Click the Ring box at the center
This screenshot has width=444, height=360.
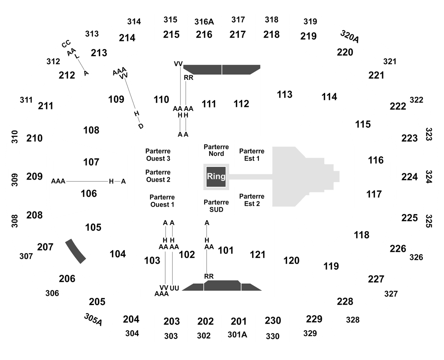coord(216,177)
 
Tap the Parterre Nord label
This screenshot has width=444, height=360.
coord(217,150)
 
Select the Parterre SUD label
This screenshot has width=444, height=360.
coord(217,206)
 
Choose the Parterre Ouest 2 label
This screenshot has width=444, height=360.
coord(158,176)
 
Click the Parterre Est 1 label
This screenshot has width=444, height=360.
coord(252,155)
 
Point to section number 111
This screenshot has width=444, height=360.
coord(209,104)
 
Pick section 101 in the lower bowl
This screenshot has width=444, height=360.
coord(226,250)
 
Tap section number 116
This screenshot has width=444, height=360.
coord(376,160)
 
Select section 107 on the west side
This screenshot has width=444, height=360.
coord(91,162)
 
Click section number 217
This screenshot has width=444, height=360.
coord(238,34)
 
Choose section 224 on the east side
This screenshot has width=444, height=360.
coord(409,177)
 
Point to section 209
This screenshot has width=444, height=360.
coord(35,176)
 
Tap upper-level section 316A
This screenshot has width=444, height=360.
coord(204,22)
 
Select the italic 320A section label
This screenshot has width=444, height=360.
coord(350,36)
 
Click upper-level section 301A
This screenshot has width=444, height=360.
coord(237,335)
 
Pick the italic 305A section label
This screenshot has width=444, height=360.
coord(93,319)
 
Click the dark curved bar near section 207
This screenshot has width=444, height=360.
coord(76,251)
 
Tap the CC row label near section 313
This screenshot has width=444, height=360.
coord(66,44)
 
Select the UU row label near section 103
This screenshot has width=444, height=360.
coord(174,288)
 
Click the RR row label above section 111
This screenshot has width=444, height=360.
coord(189,78)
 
